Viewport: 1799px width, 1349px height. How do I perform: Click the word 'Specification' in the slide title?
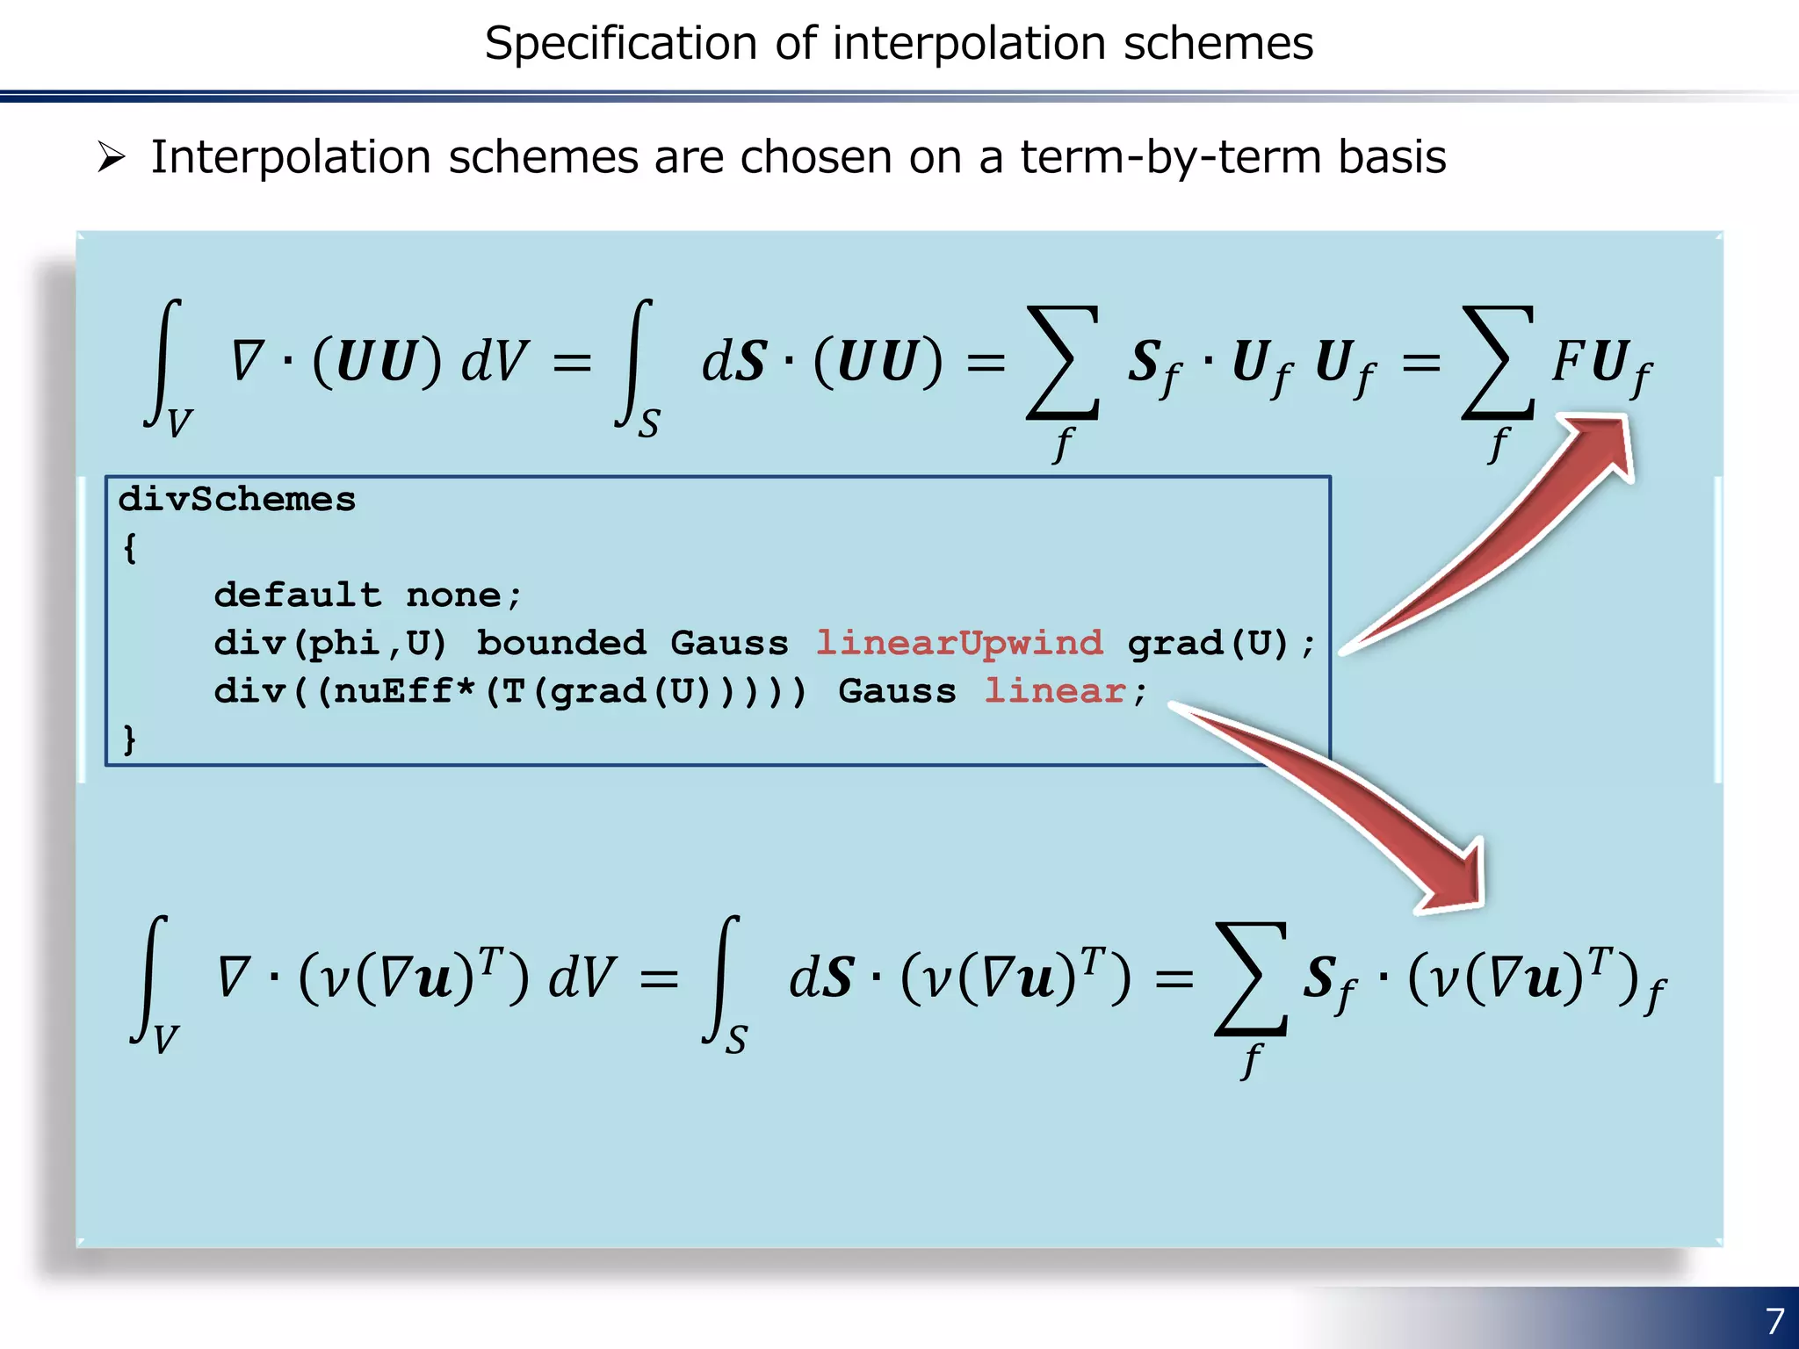[620, 44]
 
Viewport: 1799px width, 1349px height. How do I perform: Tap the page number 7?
[1774, 1320]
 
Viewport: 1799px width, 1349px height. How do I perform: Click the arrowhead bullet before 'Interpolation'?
[112, 157]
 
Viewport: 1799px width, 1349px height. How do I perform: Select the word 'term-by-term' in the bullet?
[1171, 157]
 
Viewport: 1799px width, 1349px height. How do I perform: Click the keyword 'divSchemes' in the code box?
[237, 500]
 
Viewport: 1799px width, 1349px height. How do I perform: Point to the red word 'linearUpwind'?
[959, 643]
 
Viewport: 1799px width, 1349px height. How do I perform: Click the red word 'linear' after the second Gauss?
[1054, 691]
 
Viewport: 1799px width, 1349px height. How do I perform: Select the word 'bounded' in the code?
[560, 643]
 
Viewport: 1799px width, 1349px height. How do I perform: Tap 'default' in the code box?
[298, 595]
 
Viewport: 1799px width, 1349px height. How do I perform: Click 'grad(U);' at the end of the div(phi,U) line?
[1221, 643]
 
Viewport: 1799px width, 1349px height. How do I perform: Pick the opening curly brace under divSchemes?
[130, 548]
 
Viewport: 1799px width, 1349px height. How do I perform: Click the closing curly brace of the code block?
[130, 739]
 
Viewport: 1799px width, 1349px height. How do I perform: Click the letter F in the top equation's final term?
[1567, 361]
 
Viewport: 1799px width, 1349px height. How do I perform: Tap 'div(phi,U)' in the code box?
[330, 643]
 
